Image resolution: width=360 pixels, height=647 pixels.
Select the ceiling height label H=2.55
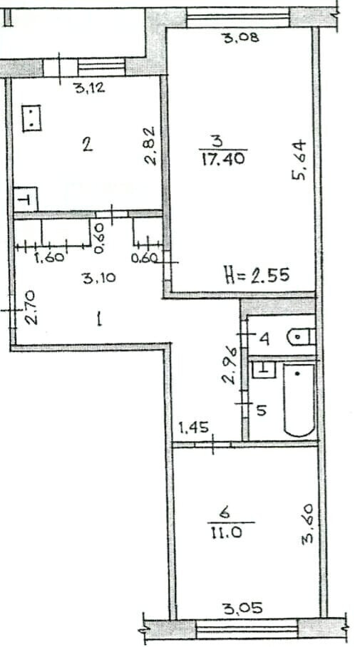(x=257, y=274)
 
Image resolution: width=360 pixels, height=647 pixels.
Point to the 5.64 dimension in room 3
(x=299, y=160)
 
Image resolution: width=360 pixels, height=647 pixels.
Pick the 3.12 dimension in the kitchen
(x=90, y=87)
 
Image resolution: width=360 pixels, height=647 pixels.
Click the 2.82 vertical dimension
(x=150, y=145)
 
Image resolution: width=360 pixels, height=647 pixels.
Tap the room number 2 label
(x=87, y=145)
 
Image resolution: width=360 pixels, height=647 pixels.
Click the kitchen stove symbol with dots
(x=32, y=118)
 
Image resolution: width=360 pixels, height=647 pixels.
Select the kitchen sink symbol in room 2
(x=26, y=200)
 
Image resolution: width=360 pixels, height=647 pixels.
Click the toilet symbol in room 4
(x=300, y=337)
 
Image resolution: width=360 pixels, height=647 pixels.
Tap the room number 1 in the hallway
(x=99, y=319)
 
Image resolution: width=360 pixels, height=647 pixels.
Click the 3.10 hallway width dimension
(x=99, y=279)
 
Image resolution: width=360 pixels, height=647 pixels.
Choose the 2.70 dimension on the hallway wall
(x=31, y=307)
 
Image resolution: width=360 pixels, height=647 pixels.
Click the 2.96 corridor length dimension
(x=229, y=365)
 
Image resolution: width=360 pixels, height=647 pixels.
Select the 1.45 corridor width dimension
(x=193, y=428)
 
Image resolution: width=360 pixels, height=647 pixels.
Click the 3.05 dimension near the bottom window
(x=244, y=609)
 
